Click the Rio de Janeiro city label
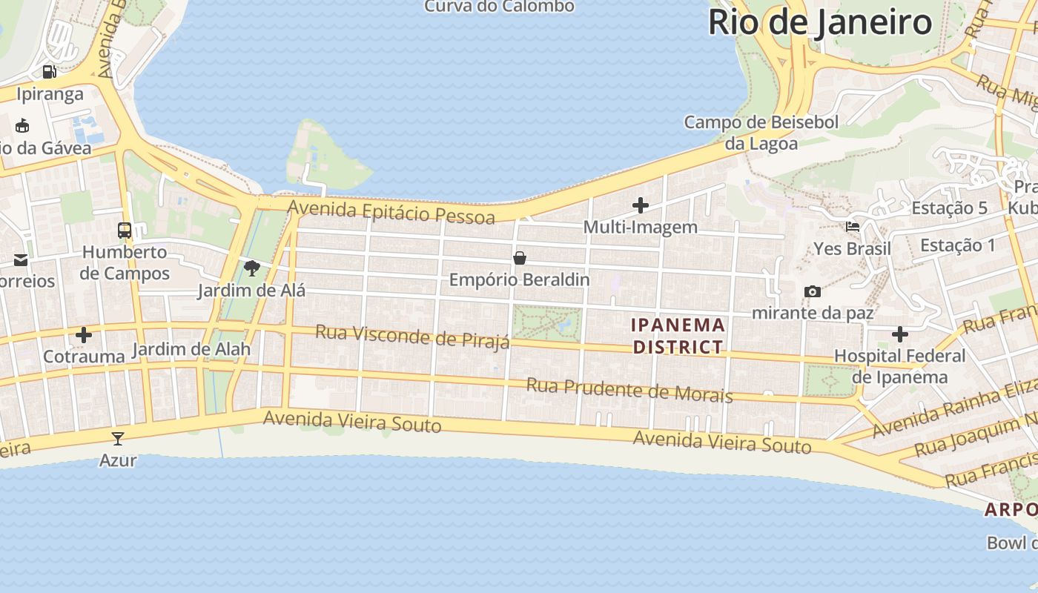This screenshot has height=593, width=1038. click(819, 22)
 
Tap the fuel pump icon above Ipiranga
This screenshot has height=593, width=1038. click(50, 72)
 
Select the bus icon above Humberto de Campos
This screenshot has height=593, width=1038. click(125, 230)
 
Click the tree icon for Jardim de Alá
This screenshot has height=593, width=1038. click(251, 268)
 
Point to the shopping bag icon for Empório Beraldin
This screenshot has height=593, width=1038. click(520, 258)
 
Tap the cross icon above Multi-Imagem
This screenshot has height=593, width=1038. click(641, 205)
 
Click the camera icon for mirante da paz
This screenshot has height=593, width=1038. click(813, 291)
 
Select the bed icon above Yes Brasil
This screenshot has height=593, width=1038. click(853, 227)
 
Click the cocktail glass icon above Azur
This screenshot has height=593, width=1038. click(118, 438)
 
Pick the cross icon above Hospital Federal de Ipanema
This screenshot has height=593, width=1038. click(900, 334)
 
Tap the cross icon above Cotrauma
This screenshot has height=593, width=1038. click(84, 335)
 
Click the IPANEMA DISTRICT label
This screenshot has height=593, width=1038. click(678, 336)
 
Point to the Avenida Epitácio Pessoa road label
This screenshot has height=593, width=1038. click(391, 211)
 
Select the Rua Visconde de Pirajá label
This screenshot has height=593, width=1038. click(412, 336)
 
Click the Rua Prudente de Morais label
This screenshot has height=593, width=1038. click(629, 389)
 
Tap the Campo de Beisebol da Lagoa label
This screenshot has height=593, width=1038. click(761, 133)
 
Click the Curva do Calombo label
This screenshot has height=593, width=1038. click(499, 7)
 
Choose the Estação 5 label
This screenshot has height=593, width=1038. click(949, 208)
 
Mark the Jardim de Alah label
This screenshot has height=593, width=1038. click(191, 349)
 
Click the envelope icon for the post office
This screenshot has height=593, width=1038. click(21, 260)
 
